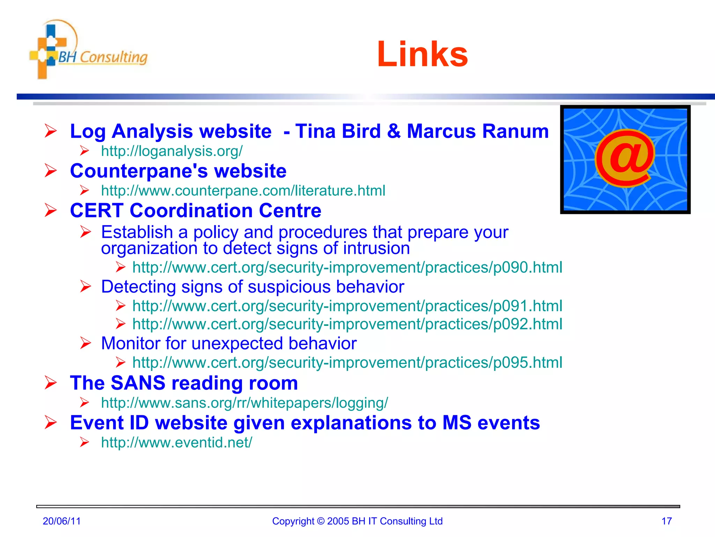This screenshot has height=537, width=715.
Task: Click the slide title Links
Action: coord(422,54)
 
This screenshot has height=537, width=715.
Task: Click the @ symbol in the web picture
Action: coord(625,158)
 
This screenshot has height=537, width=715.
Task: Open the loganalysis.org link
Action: coord(172,151)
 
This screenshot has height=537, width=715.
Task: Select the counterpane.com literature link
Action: coord(243,191)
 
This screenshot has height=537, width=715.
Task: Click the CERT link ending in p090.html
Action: coord(347,267)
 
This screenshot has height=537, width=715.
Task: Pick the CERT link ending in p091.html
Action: coord(347,306)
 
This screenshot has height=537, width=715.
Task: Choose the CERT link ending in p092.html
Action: coord(347,324)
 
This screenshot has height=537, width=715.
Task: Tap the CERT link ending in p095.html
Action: coord(347,363)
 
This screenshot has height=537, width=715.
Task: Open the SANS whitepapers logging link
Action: coord(244,403)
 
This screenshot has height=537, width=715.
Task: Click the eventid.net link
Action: coord(176,443)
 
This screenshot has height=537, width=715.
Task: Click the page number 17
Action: coord(666,521)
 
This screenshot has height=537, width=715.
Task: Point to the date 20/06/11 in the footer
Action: coord(62,521)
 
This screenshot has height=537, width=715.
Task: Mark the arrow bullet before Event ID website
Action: coord(51,423)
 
